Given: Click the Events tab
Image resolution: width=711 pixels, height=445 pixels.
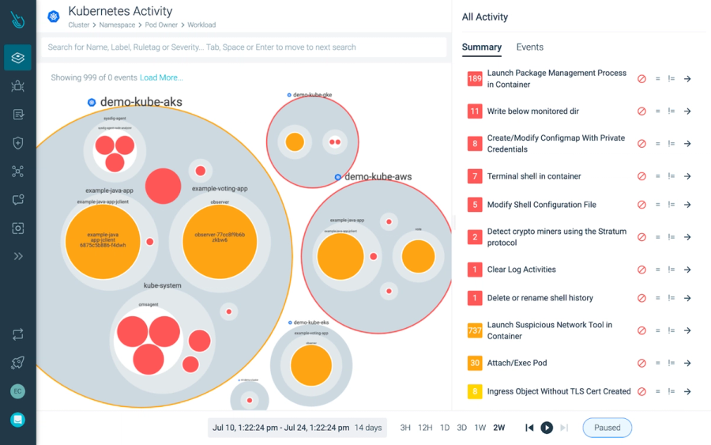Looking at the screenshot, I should point(529,47).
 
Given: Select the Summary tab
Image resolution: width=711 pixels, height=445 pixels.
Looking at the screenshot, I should point(481,47).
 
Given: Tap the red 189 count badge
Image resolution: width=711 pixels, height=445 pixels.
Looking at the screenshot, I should point(475,79).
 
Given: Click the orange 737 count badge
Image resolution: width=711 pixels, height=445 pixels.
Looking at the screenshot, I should point(475,330).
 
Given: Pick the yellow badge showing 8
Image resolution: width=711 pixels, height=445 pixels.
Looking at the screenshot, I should point(475,391).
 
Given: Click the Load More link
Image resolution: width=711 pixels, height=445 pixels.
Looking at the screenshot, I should point(161,77).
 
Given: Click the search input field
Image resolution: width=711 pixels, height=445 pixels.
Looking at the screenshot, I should point(243,47).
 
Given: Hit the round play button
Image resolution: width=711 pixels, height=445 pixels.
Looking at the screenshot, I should point(547,428).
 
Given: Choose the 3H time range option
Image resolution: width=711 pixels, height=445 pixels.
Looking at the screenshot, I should point(405,428).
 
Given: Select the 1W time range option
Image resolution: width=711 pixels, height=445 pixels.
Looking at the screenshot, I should point(480,428).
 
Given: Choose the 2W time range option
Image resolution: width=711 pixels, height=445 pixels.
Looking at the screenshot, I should point(498,428).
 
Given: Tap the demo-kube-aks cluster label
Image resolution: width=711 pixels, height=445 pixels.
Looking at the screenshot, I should point(141,103).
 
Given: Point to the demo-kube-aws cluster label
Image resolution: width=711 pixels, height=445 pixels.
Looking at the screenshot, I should point(378,177).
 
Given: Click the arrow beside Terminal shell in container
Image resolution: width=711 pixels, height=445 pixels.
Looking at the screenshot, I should point(687,176).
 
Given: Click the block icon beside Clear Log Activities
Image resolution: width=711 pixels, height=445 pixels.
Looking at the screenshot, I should point(641,270).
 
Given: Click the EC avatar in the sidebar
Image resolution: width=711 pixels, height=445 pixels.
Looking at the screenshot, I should point(17,391).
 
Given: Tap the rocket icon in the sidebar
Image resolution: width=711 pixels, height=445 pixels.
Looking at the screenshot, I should point(17,363).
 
